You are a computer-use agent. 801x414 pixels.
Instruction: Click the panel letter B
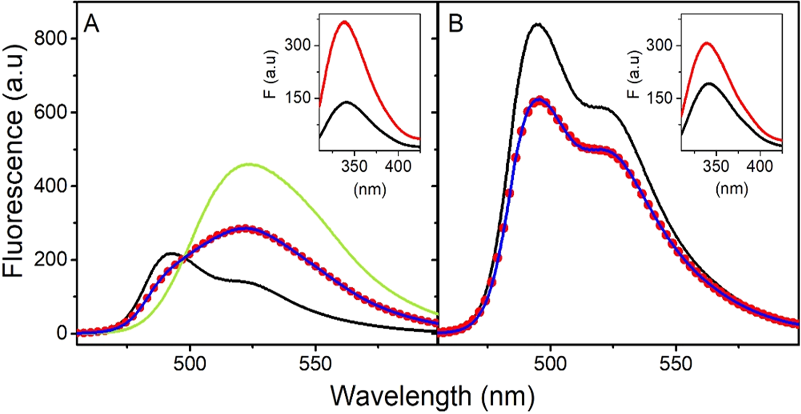coord(456,24)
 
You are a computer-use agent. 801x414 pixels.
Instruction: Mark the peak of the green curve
coord(250,164)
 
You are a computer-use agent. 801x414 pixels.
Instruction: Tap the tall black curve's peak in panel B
coord(537,23)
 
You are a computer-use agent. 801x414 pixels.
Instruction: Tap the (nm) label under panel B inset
coord(731,189)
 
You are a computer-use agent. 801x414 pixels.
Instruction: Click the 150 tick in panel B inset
coord(662,98)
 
